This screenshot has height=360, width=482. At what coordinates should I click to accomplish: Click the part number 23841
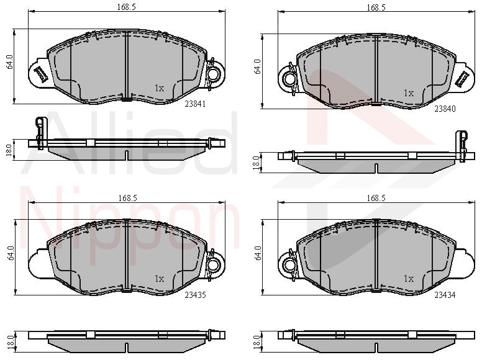point(195,104)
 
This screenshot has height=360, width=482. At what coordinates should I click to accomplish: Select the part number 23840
point(445,109)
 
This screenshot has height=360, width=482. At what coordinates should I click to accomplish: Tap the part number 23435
point(195,295)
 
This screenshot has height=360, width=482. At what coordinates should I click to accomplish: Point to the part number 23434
point(445,295)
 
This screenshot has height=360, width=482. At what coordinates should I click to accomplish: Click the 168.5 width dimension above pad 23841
point(126,7)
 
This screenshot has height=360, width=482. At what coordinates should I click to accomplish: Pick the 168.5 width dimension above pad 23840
point(376,7)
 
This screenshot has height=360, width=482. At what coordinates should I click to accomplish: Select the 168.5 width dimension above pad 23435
point(127,198)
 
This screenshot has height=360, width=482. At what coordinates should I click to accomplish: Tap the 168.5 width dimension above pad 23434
point(376,198)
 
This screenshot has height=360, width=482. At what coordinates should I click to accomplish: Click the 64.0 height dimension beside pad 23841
point(9,61)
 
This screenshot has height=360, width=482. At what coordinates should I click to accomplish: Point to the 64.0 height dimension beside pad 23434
point(258,253)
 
